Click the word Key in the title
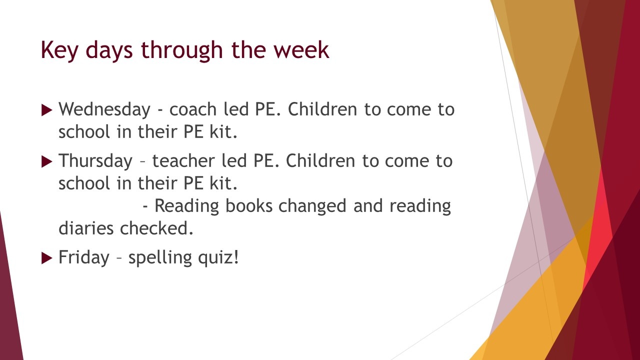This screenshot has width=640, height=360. [x=59, y=50]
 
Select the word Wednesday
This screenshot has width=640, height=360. [x=104, y=109]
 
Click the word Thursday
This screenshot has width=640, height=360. [x=95, y=161]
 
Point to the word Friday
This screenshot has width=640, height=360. [x=84, y=257]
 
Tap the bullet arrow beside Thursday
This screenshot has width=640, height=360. [x=47, y=161]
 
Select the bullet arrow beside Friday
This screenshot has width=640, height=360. [x=47, y=258]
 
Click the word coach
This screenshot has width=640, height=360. [x=193, y=109]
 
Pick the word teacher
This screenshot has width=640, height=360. [x=183, y=161]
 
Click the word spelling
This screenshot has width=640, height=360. [x=160, y=258]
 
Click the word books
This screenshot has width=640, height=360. [x=249, y=205]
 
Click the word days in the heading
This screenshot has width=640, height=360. [x=109, y=51]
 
